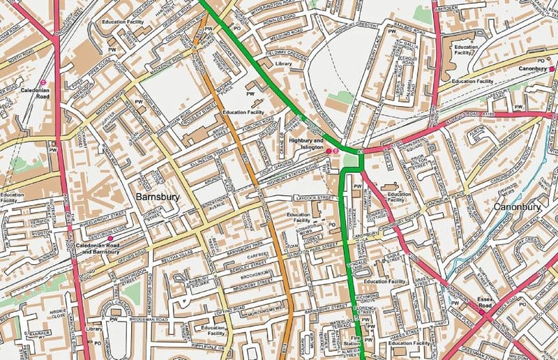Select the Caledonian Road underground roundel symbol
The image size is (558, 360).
coord(43,82)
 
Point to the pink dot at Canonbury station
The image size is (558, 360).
coord(551,69)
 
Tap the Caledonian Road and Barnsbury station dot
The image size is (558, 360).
coord(110,239)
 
